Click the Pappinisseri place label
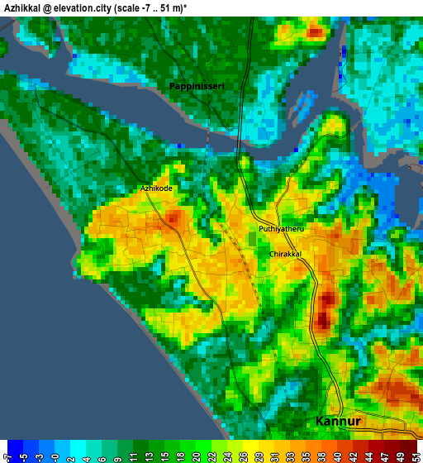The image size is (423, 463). click(x=197, y=86)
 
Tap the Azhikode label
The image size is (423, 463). click(x=156, y=189)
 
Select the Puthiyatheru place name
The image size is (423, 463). click(x=282, y=229)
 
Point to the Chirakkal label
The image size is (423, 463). click(x=285, y=255)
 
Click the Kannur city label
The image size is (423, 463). click(x=338, y=422)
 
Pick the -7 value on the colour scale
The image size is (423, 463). click(x=7, y=455)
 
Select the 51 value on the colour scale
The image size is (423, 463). click(x=414, y=455)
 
